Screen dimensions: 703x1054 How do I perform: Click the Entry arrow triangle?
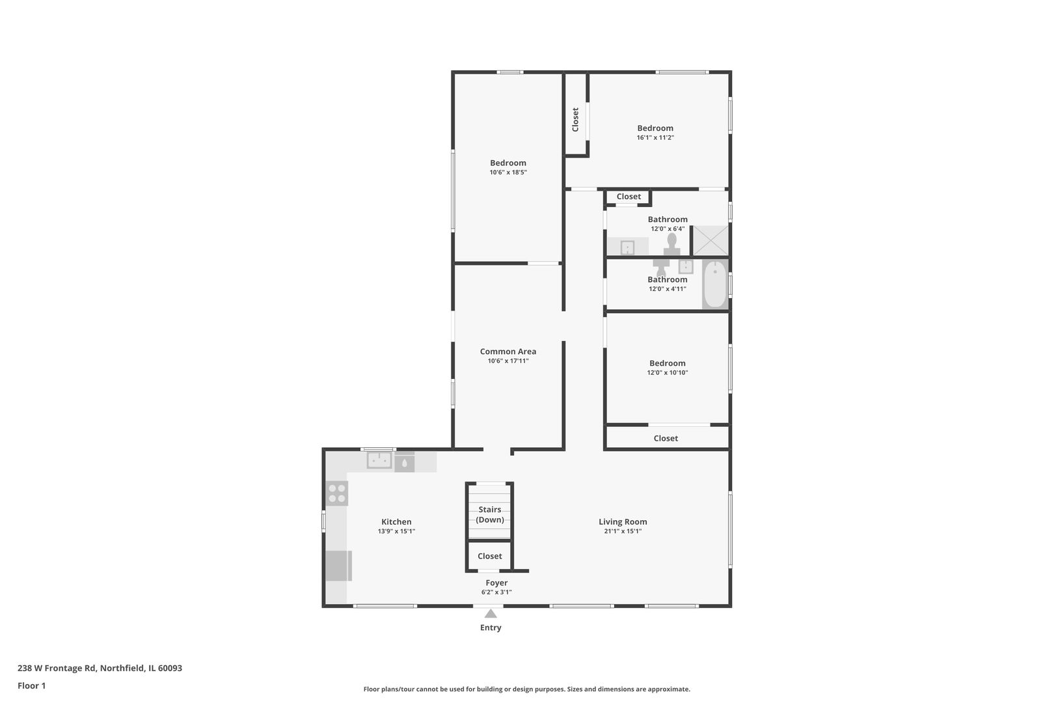pos(491,613)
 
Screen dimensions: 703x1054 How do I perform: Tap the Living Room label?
pos(623,521)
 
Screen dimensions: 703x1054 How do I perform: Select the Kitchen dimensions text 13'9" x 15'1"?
pos(396,531)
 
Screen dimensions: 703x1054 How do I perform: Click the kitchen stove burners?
pos(337,493)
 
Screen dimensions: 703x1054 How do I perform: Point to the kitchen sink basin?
pos(379,461)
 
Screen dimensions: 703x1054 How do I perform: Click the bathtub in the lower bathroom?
pos(715,284)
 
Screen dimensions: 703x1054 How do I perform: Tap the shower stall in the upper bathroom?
pos(710,240)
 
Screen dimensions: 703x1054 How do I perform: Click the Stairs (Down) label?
pos(490,514)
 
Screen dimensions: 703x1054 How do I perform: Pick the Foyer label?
pos(496,583)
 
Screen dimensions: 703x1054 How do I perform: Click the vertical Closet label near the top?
pos(575,120)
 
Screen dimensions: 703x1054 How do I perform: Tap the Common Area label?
pos(508,351)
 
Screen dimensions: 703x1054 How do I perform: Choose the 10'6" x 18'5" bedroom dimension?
pos(508,172)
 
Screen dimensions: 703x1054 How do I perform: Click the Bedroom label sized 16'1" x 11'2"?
pos(655,128)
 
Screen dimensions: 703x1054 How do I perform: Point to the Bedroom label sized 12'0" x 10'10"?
pos(667,363)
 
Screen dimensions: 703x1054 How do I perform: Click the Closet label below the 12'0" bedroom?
pos(666,438)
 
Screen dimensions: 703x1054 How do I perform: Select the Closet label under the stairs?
pos(490,556)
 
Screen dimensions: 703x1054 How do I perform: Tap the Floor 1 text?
pos(31,685)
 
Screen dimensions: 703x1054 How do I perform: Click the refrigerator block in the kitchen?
pos(338,566)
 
